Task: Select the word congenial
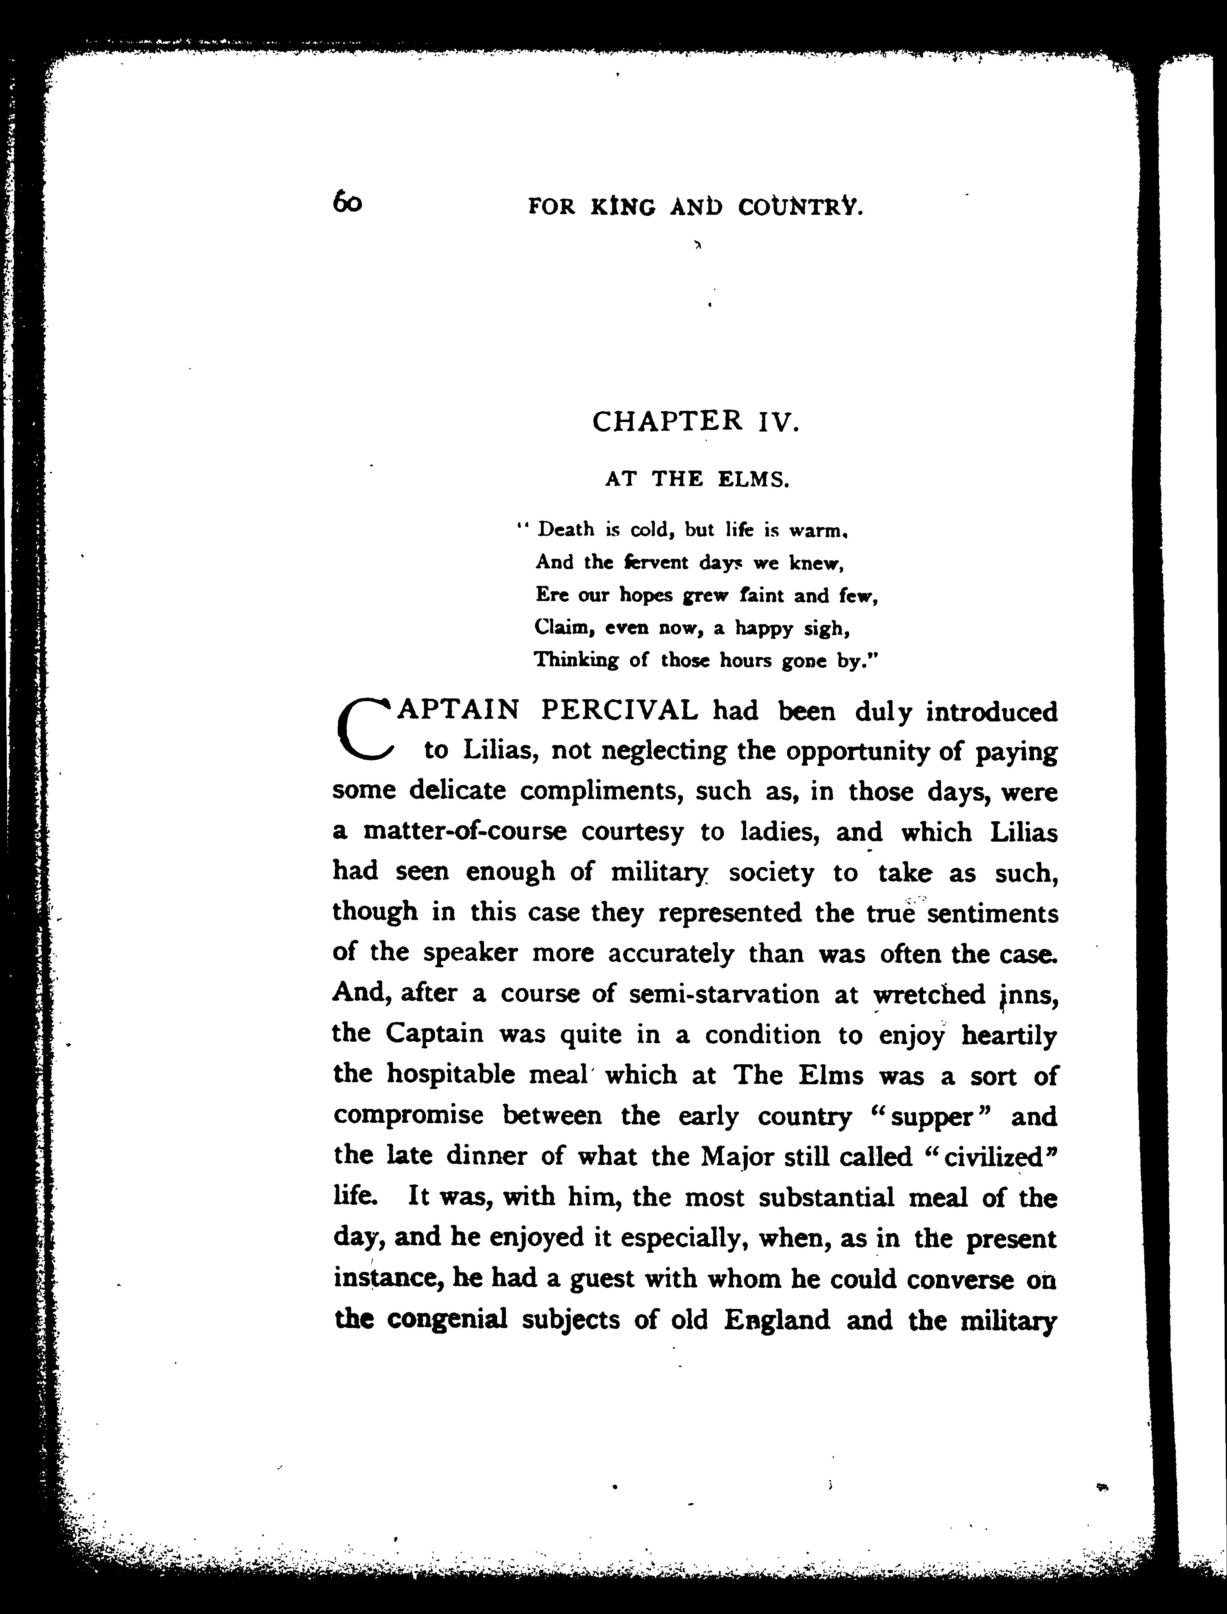tap(447, 1320)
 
